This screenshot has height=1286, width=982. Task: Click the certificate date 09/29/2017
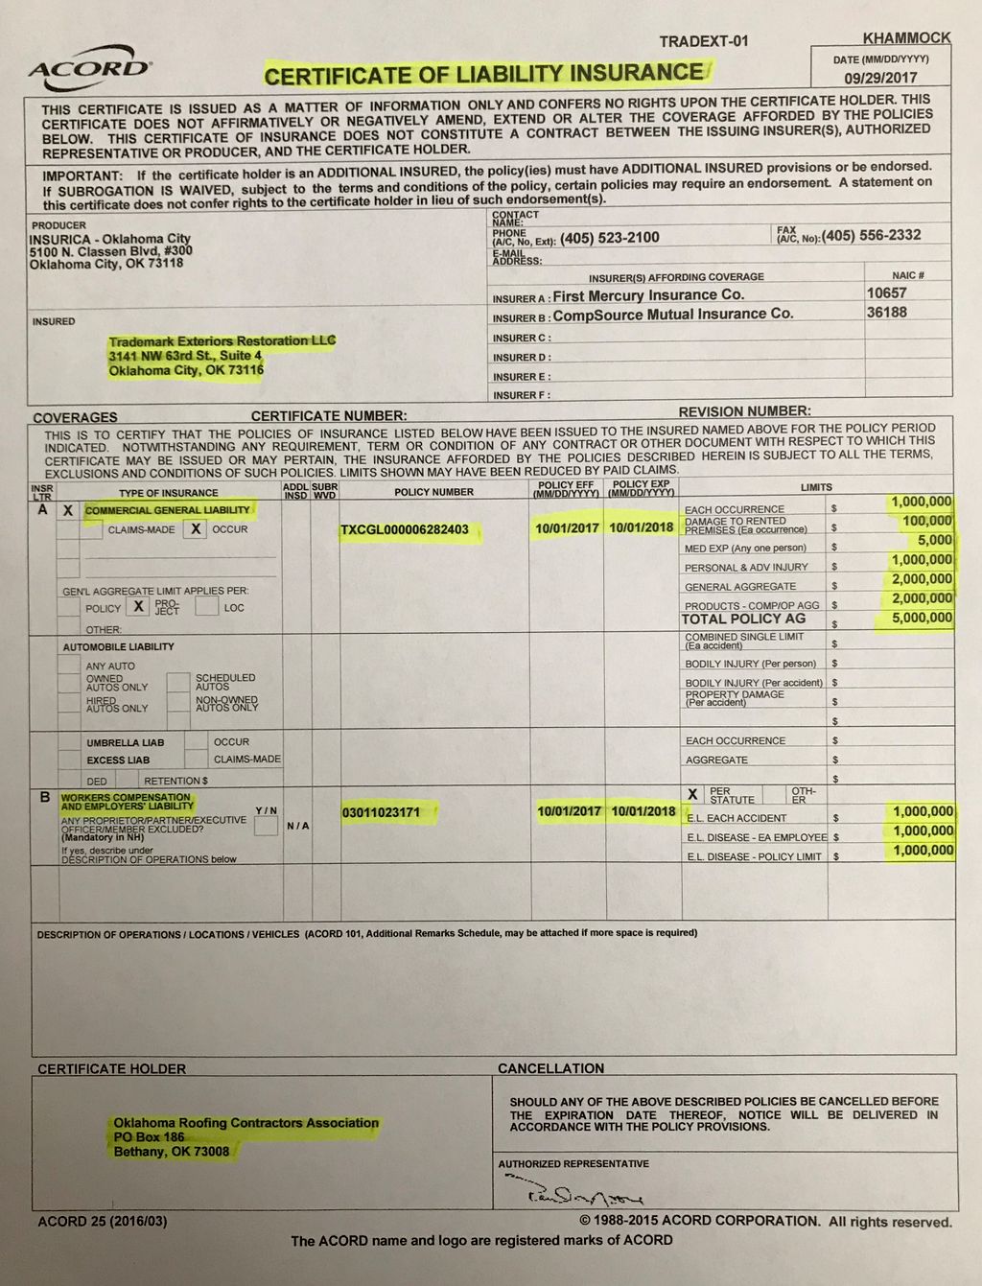tap(880, 78)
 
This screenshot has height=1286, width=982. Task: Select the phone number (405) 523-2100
tap(610, 238)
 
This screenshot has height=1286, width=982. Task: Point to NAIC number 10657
tap(886, 292)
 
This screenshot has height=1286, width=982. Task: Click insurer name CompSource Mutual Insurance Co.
tap(673, 315)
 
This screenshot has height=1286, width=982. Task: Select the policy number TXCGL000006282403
tap(405, 529)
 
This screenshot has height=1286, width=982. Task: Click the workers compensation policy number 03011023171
tap(381, 812)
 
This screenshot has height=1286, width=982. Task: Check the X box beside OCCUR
tap(195, 528)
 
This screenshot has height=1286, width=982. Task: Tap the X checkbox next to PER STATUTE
tap(692, 794)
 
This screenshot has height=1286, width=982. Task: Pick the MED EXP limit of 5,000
tap(934, 540)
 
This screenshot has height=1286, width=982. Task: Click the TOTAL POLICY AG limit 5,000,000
tap(922, 618)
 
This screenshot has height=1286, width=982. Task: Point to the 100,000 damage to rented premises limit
tap(926, 521)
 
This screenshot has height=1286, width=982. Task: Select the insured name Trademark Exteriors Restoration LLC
tap(222, 340)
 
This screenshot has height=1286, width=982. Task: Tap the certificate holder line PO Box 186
tap(149, 1136)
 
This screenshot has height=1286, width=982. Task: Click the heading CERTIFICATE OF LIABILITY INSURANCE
tap(484, 74)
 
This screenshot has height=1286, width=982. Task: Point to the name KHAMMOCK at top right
tap(906, 38)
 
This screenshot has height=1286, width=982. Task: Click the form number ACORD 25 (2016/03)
tap(102, 1221)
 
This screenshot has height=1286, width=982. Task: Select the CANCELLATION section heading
tap(550, 1068)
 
